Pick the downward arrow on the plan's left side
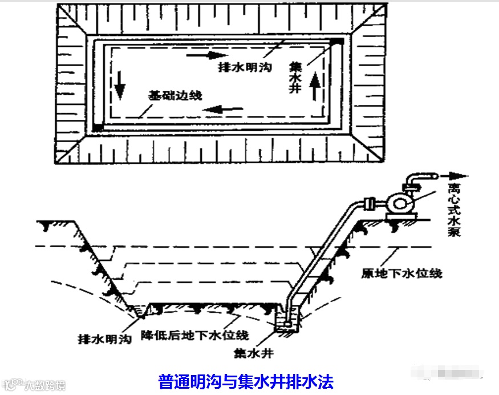tap(119, 84)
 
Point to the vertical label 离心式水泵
tap(454, 211)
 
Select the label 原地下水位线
tap(401, 273)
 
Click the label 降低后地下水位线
tap(194, 335)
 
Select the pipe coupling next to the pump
tap(367, 202)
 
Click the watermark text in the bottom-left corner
tap(34, 385)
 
